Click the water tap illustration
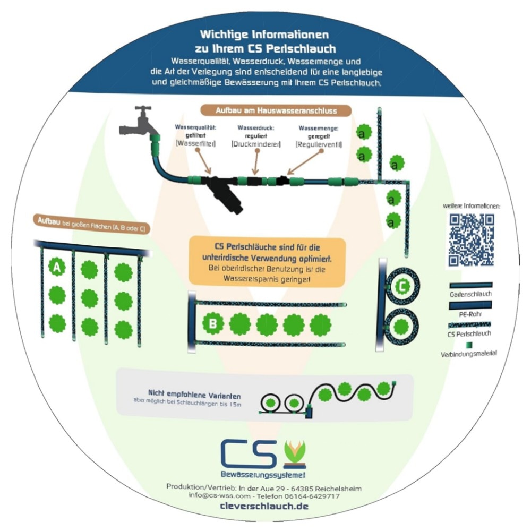(140, 123)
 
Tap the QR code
(472, 239)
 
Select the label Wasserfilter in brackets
(195, 144)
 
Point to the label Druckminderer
(256, 144)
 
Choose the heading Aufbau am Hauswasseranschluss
(276, 110)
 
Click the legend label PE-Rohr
(471, 314)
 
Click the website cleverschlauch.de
(264, 506)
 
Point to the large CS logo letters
(249, 452)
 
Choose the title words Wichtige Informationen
(264, 35)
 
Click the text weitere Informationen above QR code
(471, 206)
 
